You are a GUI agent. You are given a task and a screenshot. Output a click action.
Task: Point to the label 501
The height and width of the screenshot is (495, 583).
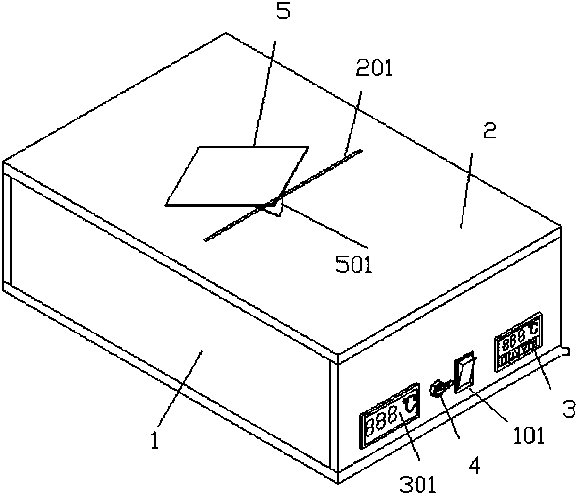354,265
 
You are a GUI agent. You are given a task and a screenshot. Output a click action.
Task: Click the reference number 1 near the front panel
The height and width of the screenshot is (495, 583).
154,441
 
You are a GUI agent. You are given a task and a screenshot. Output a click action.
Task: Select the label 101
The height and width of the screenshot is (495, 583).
529,435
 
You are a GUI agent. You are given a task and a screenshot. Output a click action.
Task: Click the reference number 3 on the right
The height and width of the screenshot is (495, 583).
568,409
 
